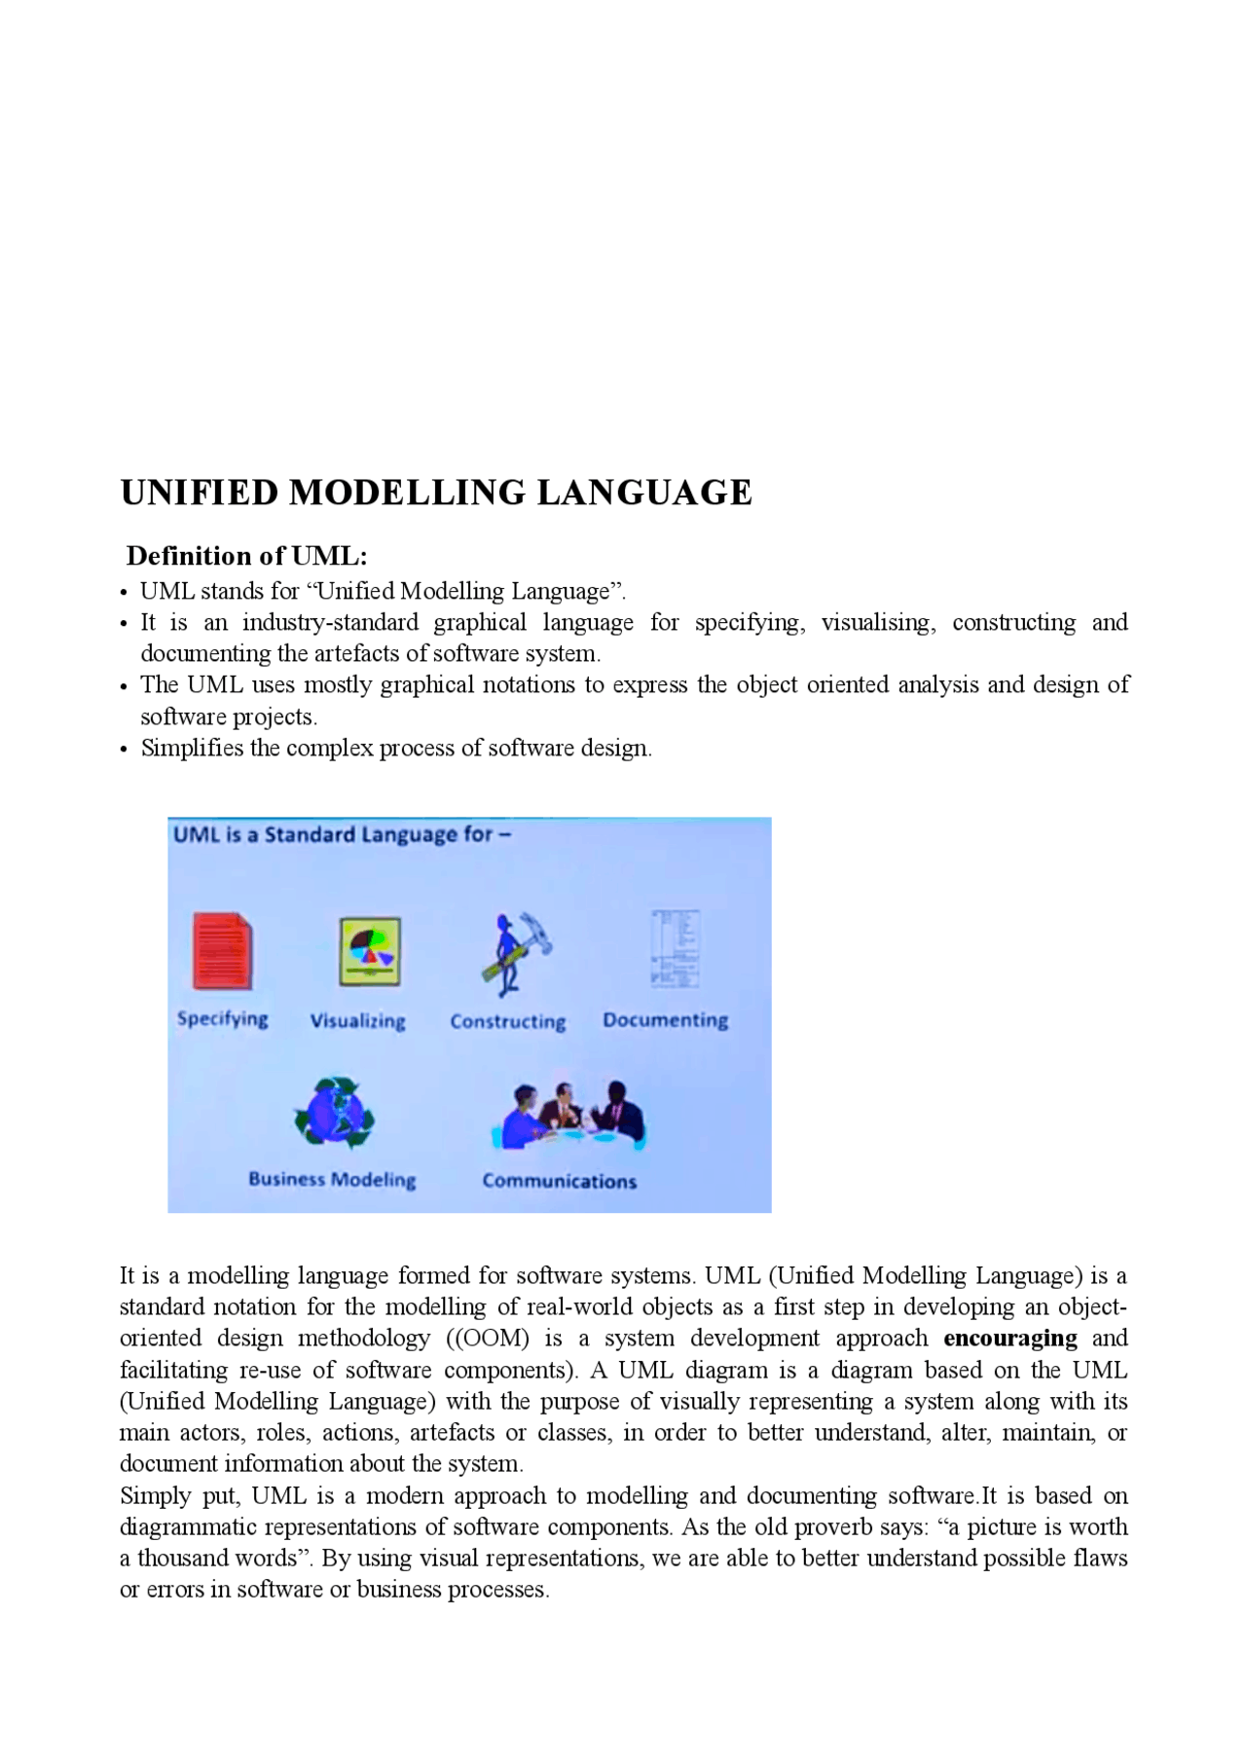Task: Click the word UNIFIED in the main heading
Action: (199, 493)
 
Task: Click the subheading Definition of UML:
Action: (246, 556)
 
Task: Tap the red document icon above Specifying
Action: (223, 951)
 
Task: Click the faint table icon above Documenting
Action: (676, 948)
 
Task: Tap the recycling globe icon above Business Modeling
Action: (334, 1112)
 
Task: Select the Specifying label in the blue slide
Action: (222, 1019)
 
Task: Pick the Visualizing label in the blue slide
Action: (357, 1021)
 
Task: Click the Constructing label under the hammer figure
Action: (507, 1021)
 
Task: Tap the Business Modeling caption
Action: (332, 1180)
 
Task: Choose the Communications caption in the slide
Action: (559, 1181)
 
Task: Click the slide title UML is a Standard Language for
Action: (341, 835)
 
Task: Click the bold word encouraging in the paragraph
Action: (1009, 1339)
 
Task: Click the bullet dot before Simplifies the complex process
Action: (124, 750)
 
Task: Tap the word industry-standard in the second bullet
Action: (330, 622)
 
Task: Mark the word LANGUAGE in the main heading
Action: (643, 493)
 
